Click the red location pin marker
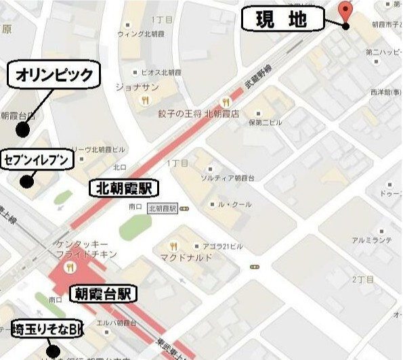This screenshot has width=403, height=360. (x=345, y=11)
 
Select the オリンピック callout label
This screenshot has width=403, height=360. (x=54, y=74)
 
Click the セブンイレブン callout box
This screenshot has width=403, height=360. (x=37, y=159)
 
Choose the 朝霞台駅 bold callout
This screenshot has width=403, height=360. (x=103, y=293)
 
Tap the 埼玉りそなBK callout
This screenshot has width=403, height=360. (x=47, y=328)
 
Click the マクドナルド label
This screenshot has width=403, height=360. (x=186, y=257)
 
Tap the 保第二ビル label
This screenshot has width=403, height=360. (x=265, y=122)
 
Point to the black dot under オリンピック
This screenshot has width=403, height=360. (x=23, y=129)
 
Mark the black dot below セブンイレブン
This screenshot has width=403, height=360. (x=26, y=181)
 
